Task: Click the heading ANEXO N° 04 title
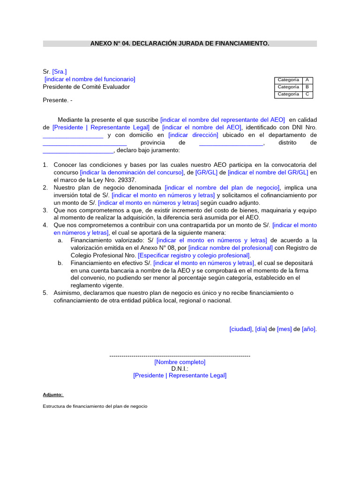(180, 44)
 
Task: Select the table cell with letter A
(307, 80)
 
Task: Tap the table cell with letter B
(307, 87)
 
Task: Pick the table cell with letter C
(307, 94)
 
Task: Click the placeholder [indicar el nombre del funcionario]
(90, 79)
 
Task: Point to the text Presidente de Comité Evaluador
(86, 87)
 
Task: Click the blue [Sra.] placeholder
(60, 72)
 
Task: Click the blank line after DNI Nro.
(73, 135)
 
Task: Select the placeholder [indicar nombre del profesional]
(231, 248)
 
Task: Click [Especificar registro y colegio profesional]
(194, 255)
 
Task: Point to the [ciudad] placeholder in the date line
(241, 329)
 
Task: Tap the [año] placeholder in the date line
(309, 329)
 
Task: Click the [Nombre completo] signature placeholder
(180, 362)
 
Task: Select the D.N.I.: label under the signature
(180, 369)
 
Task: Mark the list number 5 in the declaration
(45, 293)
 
